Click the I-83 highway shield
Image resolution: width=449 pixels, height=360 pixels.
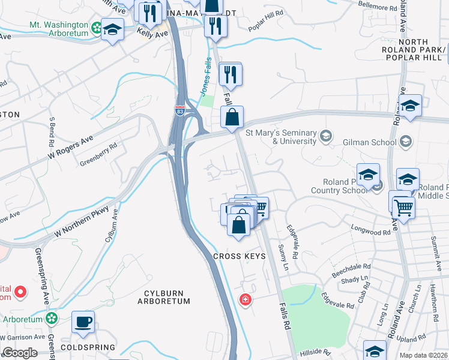[x=180, y=110]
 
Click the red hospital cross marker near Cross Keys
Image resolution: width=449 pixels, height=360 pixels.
[x=245, y=299]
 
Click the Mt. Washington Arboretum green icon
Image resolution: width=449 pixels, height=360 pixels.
[x=96, y=27]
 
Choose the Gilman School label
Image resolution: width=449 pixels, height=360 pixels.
[x=371, y=142]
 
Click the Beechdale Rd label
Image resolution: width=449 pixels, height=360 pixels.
[x=351, y=271]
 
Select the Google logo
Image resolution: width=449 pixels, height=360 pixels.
[x=20, y=353]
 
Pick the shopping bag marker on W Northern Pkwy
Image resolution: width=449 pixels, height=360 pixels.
[x=232, y=117]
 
